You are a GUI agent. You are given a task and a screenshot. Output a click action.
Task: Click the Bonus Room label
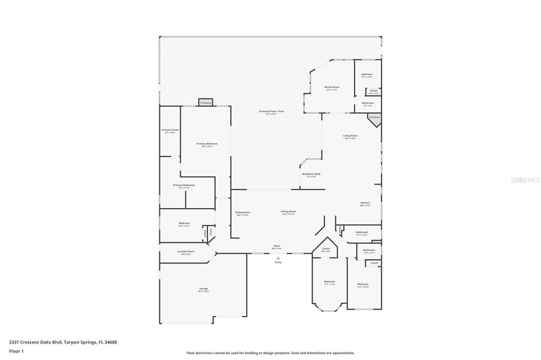tap(332, 87)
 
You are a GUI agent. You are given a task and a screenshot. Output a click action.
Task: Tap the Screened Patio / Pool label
tap(267, 112)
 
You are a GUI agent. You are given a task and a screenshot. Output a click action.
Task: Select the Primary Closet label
tap(170, 130)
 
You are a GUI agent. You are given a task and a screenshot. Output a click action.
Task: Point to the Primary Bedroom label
tap(207, 144)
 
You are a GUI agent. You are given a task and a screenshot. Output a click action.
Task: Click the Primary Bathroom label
tap(184, 185)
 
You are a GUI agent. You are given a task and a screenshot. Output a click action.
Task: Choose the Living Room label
tap(350, 136)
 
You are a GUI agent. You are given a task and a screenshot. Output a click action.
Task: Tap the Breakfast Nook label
tap(311, 174)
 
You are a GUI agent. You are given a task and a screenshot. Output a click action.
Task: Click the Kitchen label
tap(365, 203)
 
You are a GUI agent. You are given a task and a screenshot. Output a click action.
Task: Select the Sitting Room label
tap(242, 213)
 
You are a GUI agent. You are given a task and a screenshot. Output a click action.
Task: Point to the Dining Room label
tap(288, 212)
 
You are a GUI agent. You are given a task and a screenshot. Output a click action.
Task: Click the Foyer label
tap(276, 246)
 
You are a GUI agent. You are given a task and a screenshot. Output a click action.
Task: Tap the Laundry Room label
tap(185, 252)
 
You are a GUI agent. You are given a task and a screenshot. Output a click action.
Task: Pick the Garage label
tap(203, 289)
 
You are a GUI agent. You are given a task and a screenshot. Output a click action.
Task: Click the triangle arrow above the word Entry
tap(278, 258)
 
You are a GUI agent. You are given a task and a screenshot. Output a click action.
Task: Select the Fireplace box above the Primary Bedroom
tap(206, 102)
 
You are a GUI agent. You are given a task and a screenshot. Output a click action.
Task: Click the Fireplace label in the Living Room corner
tap(375, 117)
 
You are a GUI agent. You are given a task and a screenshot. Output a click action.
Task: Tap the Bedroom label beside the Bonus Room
tap(367, 75)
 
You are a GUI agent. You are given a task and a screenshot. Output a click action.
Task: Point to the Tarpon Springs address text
tap(63, 342)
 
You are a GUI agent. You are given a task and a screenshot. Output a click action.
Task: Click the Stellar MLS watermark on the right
tap(525, 180)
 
